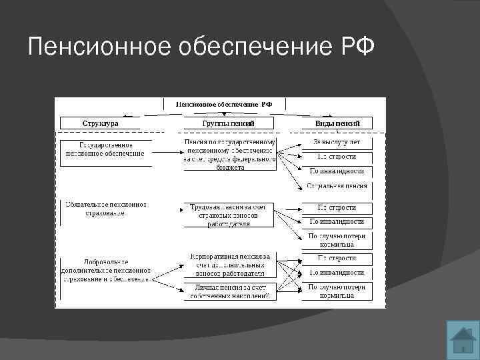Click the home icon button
click(461, 339)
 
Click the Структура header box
click(101, 123)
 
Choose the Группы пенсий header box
click(229, 123)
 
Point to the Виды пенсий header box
click(337, 123)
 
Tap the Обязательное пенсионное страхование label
click(105, 209)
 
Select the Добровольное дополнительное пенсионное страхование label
click(106, 271)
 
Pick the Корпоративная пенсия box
click(229, 265)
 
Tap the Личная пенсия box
click(229, 291)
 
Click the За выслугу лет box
click(337, 142)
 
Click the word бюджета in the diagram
click(229, 168)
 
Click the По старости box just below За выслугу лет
click(337, 157)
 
